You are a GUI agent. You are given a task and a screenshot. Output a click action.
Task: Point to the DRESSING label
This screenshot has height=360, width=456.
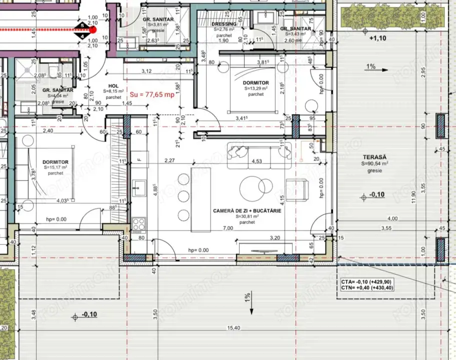pyautogui.click(x=223, y=23)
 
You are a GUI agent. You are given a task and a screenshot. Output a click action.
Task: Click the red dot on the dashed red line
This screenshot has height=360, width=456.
pyautogui.click(x=92, y=29)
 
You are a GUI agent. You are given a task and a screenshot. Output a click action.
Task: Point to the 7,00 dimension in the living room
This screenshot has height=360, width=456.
pyautogui.click(x=227, y=228)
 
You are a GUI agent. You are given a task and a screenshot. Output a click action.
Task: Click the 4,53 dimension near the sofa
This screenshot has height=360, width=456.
pyautogui.click(x=257, y=161)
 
